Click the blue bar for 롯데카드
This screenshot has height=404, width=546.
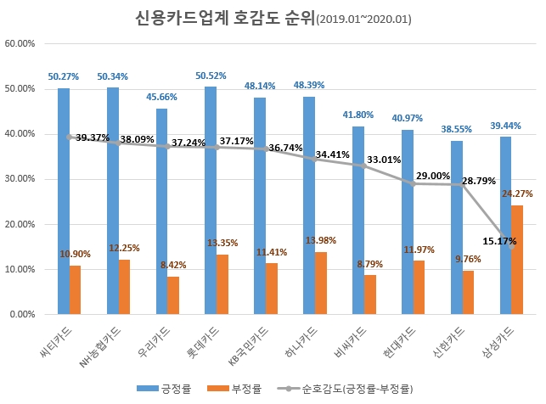point(211,200)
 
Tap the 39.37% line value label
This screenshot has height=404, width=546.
point(93,137)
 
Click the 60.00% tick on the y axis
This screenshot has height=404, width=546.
point(19,43)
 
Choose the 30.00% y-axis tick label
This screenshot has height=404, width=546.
point(19,179)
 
